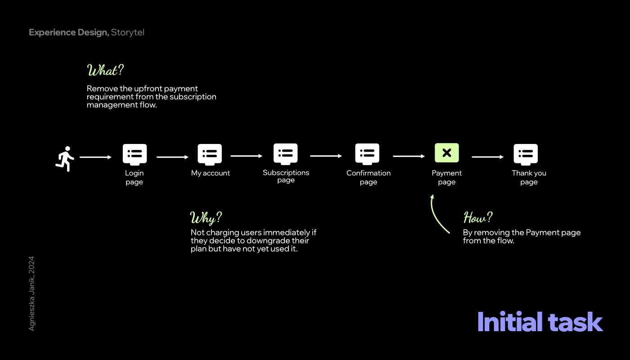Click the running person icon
(x=65, y=158)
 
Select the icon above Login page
(x=135, y=154)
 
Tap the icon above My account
(x=210, y=154)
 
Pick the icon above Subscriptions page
(x=286, y=154)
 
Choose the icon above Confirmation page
(x=367, y=154)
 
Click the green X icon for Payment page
(x=446, y=153)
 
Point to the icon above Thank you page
(x=526, y=154)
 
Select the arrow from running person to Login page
(x=95, y=157)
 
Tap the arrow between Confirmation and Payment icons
(x=409, y=157)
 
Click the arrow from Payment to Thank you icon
(x=487, y=157)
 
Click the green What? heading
(x=105, y=71)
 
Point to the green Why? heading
(x=206, y=218)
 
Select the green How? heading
(x=478, y=218)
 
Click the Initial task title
(x=540, y=322)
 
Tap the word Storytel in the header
(x=128, y=32)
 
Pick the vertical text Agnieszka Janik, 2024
(x=31, y=293)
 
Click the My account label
(x=210, y=173)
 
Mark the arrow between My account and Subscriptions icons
(x=246, y=156)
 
